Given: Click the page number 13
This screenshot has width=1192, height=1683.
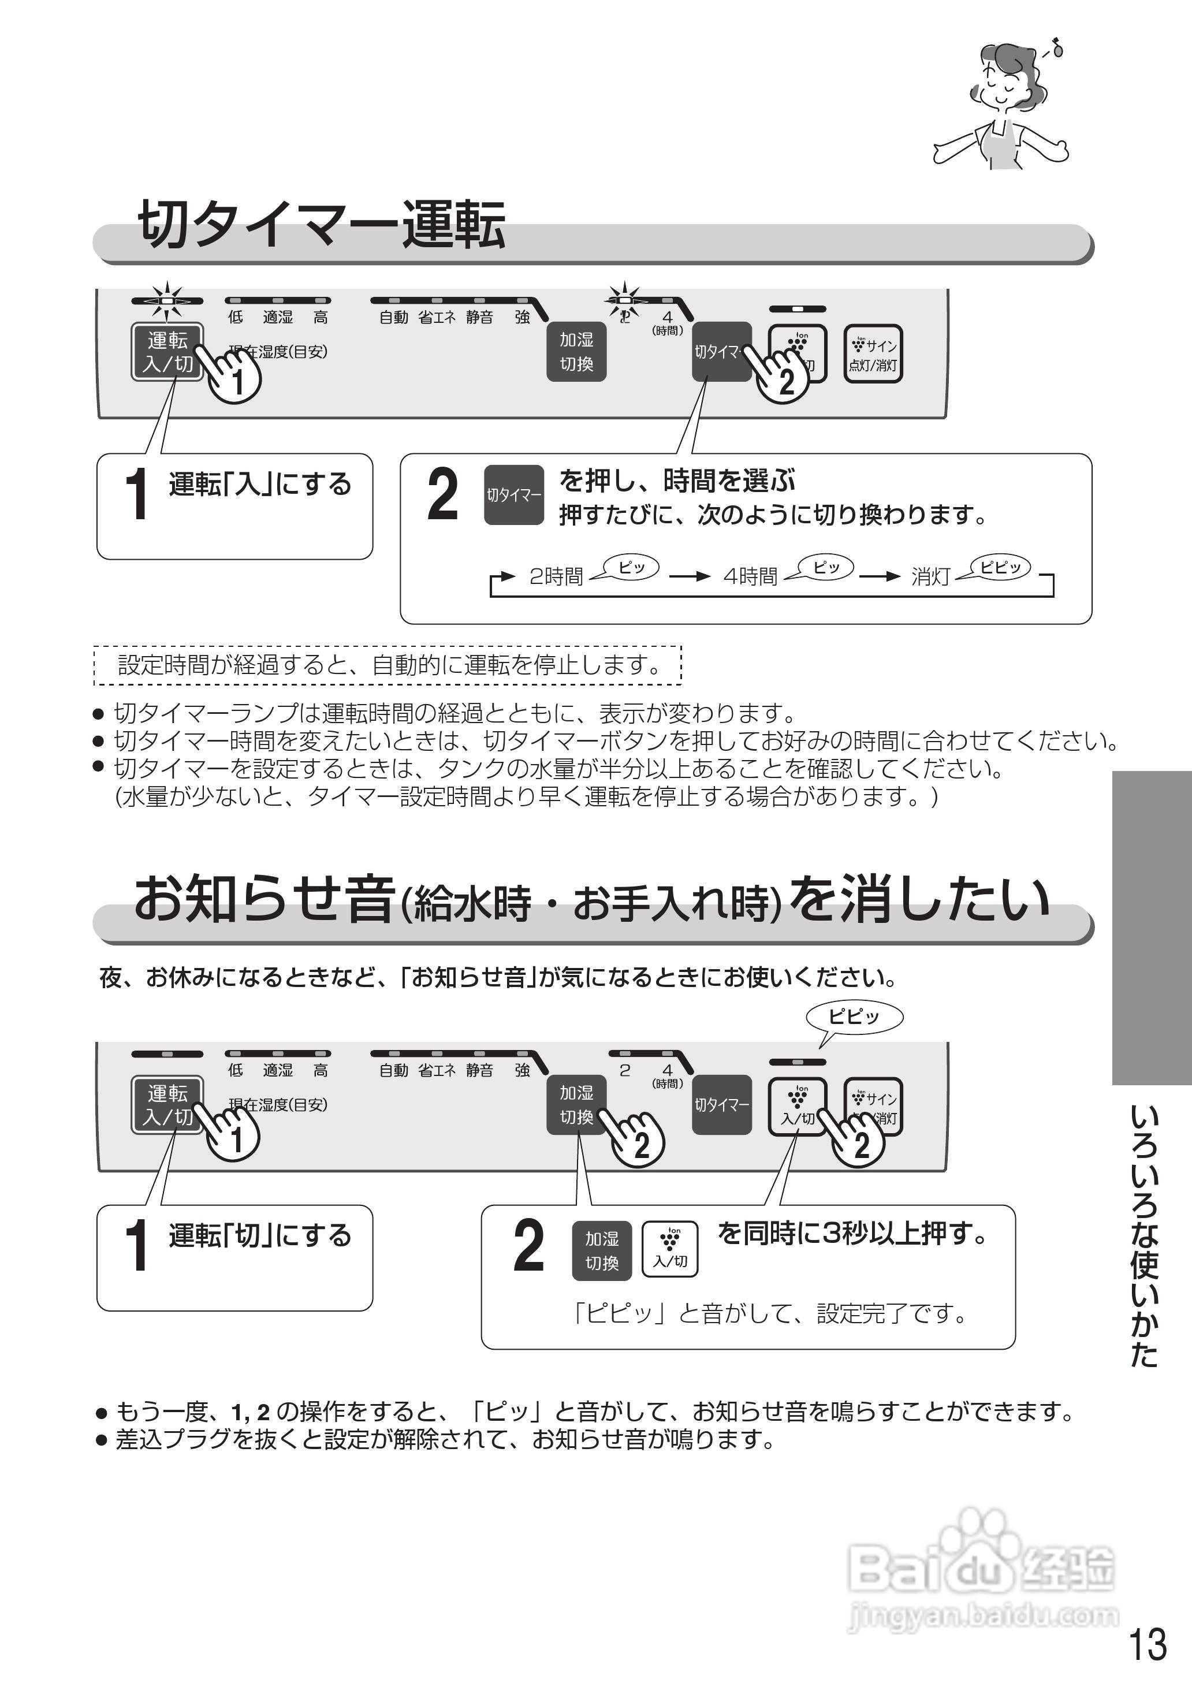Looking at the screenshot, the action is point(1146,1644).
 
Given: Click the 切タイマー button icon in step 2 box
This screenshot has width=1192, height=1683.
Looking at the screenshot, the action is point(514,495).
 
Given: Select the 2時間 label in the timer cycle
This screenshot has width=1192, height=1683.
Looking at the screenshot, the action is point(556,576).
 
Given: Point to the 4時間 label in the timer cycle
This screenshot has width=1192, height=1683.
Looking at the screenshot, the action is point(750,576).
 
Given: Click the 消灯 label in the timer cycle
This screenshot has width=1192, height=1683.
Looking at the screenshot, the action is point(931,576).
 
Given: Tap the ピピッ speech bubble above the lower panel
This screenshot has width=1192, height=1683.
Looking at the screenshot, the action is point(854,1017).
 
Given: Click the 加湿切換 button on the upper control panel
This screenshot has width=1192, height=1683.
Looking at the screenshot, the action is point(576,352).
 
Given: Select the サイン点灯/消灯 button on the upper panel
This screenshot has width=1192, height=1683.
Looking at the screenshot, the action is point(873,354).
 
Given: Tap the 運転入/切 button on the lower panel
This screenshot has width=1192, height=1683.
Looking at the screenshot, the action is point(167,1105).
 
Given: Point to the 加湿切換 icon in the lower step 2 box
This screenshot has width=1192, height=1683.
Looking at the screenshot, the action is point(602,1250).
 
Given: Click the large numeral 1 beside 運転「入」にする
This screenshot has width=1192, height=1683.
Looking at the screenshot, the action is point(136,495).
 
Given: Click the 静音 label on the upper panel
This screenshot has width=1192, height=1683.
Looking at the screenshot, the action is point(479,317).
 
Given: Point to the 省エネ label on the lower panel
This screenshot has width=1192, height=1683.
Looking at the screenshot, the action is point(437,1070).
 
